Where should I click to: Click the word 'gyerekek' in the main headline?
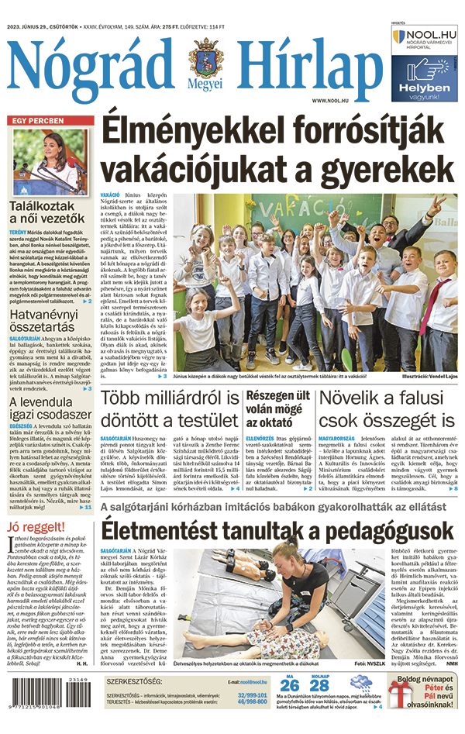381,168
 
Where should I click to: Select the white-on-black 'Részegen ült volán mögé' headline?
277,409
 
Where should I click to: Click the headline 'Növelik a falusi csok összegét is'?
387,409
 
